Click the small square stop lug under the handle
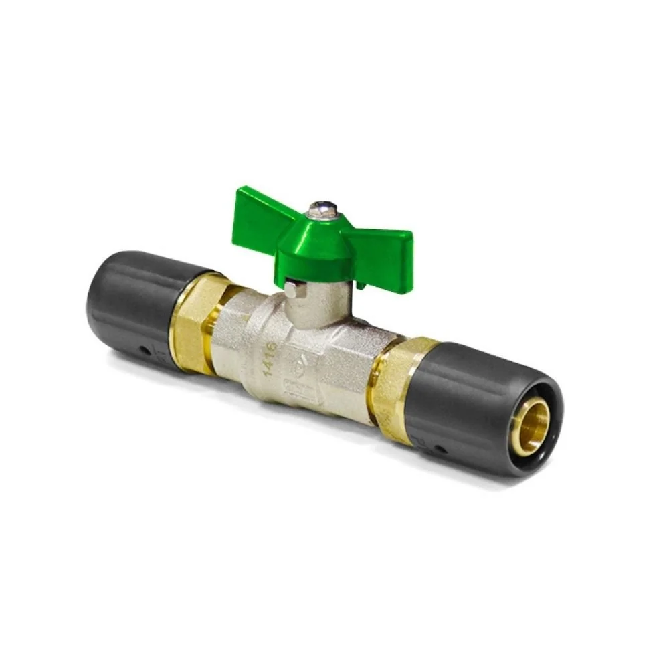(292, 290)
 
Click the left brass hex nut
(197, 321)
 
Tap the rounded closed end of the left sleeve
(100, 294)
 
